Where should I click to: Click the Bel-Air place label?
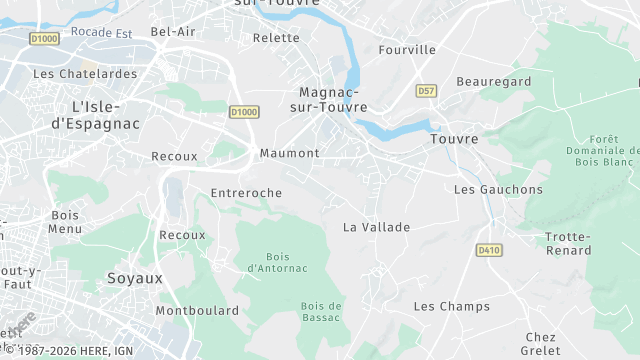click(173, 32)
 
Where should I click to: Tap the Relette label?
click(277, 38)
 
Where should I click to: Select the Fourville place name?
click(408, 50)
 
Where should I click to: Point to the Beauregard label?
click(493, 81)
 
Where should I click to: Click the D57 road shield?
click(426, 91)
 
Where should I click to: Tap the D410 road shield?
click(488, 250)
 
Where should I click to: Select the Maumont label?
click(289, 153)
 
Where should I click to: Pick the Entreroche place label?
click(247, 192)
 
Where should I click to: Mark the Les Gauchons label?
click(498, 189)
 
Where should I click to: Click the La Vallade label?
click(377, 227)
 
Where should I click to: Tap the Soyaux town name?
click(135, 278)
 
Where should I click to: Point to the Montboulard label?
click(197, 311)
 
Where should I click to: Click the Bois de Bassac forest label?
click(321, 311)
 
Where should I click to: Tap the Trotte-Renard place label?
click(568, 243)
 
